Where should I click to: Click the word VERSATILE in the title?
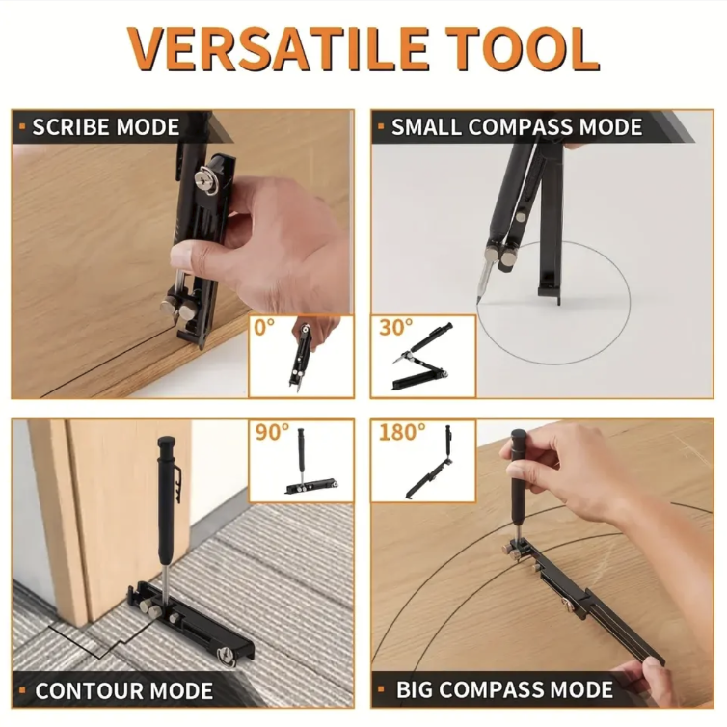(x=278, y=48)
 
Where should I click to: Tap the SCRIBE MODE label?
(x=106, y=127)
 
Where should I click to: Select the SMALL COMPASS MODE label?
(x=517, y=127)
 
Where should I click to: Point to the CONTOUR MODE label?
(x=123, y=690)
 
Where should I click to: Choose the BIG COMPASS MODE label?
(x=504, y=690)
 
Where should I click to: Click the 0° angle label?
(x=264, y=327)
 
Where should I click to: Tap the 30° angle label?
(x=395, y=327)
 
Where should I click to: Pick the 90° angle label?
(x=272, y=432)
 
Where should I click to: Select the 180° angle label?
(x=402, y=432)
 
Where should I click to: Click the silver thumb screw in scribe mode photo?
(x=205, y=179)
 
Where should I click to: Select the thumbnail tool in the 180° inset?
(x=430, y=463)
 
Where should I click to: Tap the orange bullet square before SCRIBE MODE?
(x=22, y=127)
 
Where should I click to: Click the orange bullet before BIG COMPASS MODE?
(x=381, y=690)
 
